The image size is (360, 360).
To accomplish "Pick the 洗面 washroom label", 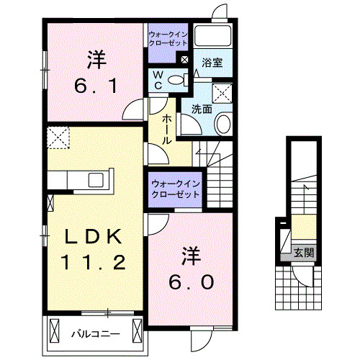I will (202, 109).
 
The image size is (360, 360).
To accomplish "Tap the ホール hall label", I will (166, 130).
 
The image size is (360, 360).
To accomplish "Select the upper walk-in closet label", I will (167, 38).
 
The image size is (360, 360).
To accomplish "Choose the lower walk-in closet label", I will (175, 189).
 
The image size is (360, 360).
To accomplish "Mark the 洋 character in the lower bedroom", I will (190, 255).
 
